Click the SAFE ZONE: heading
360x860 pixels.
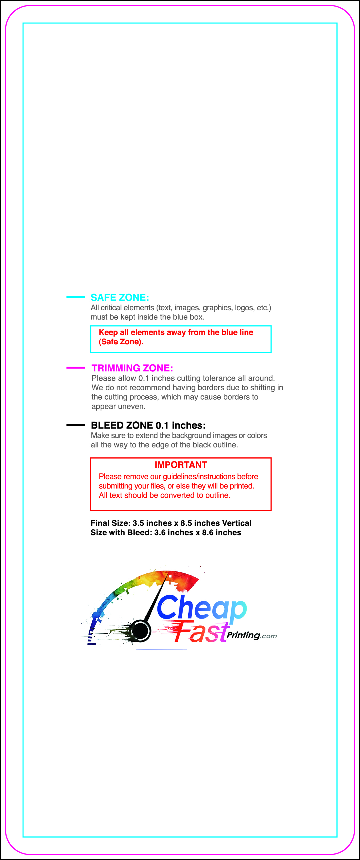pos(119,297)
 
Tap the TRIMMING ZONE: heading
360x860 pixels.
pos(132,368)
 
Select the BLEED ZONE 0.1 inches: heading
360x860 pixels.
pos(148,425)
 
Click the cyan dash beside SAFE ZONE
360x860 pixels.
pos(75,297)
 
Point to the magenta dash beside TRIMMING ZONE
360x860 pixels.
pos(75,367)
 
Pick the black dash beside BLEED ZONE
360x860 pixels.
pos(75,425)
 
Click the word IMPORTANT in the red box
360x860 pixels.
pos(181,465)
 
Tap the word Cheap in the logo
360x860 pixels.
pos(201,608)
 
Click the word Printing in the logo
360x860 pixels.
pos(243,635)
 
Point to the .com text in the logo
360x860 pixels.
pos(269,636)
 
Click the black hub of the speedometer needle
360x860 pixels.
pos(140,631)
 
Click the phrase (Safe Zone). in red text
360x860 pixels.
pos(121,342)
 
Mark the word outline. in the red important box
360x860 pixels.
pos(218,495)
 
